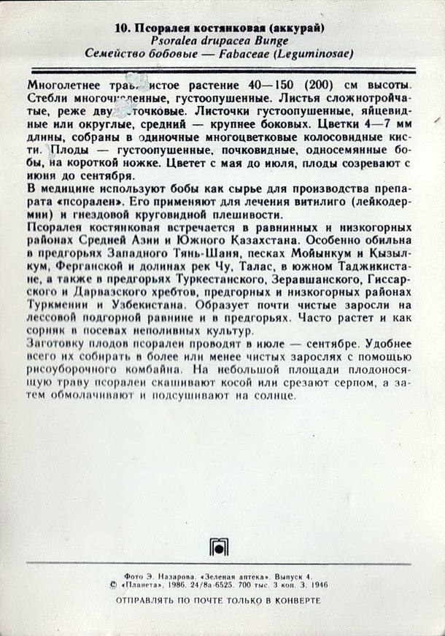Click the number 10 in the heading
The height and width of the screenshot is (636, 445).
coord(122,28)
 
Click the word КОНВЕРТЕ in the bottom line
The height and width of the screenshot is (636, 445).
coord(298,600)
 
